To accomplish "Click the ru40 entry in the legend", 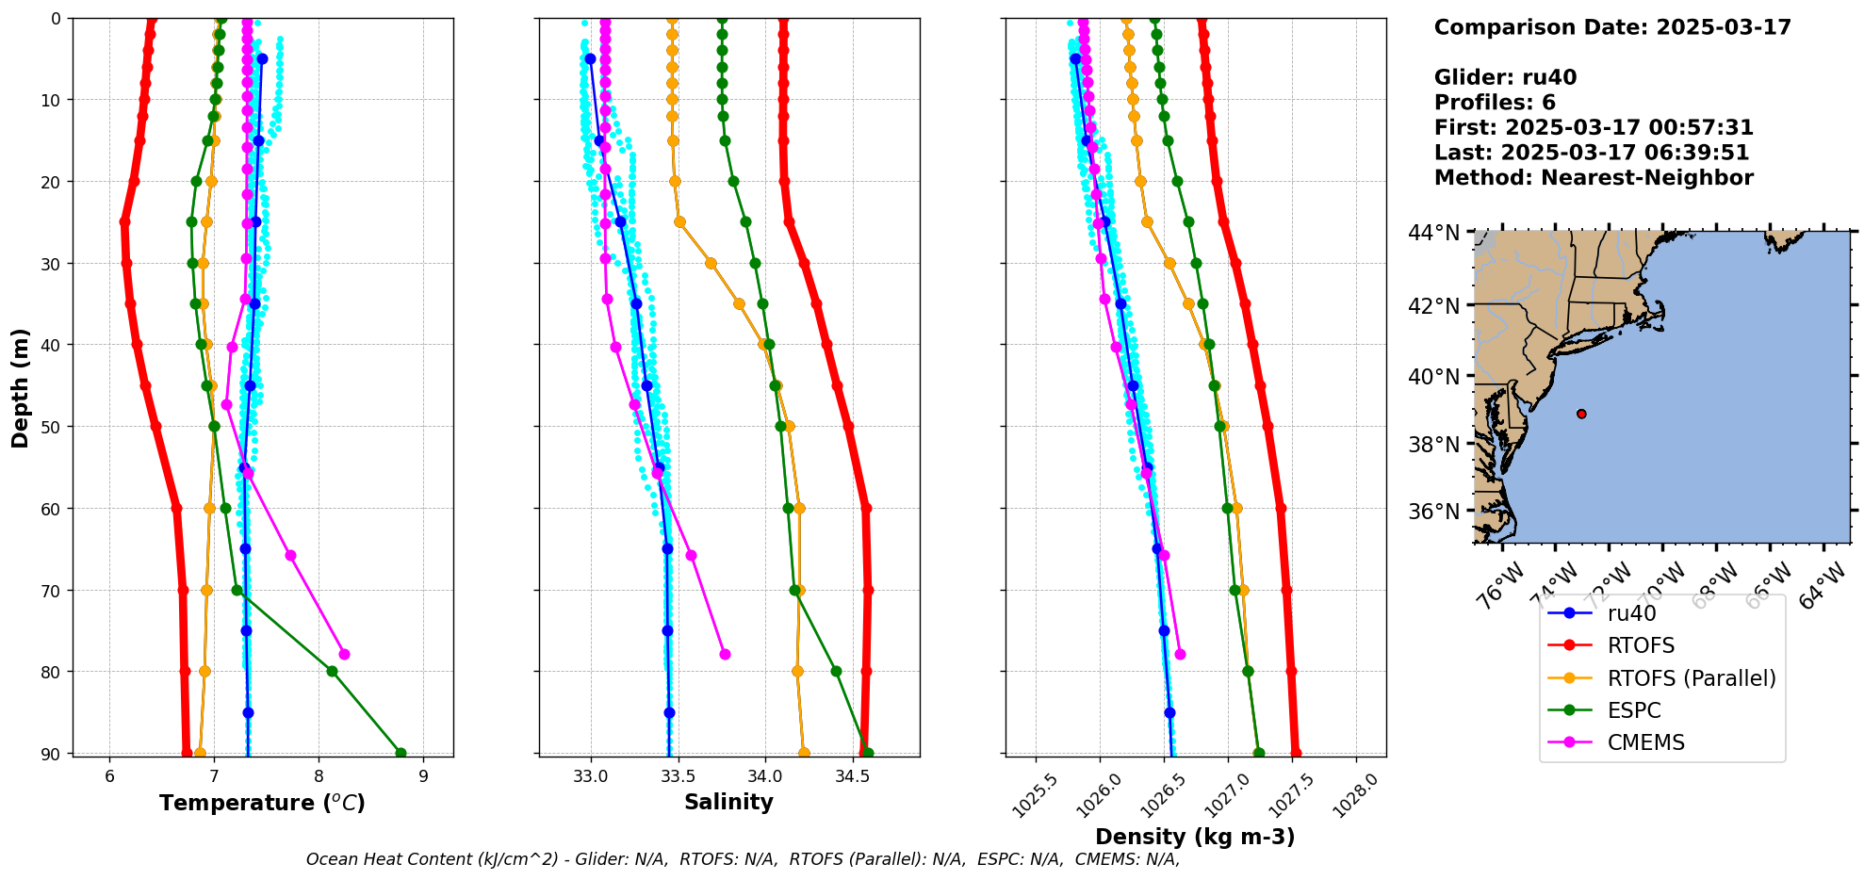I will coord(1631,613).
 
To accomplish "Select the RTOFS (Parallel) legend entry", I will coord(1691,678).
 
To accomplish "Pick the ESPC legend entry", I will coord(1633,710).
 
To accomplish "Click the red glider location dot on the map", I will coord(1581,414).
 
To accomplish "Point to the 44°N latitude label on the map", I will coord(1433,232).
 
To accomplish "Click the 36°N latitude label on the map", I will coord(1433,512).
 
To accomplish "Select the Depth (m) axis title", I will coord(21,387).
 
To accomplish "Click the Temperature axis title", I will coord(262,803).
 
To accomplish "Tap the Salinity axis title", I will coord(728,802).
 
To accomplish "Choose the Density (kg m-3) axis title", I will coord(1195,837).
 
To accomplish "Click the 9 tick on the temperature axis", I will coord(423,776).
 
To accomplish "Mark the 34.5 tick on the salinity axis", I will coord(852,776).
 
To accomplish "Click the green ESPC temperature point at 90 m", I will coord(401,753).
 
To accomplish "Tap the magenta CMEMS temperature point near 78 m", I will coord(344,654).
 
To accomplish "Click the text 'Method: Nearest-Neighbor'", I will coord(1594,177).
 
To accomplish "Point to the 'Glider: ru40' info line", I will coord(1505,77).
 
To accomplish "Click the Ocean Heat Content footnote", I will coord(743,859).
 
